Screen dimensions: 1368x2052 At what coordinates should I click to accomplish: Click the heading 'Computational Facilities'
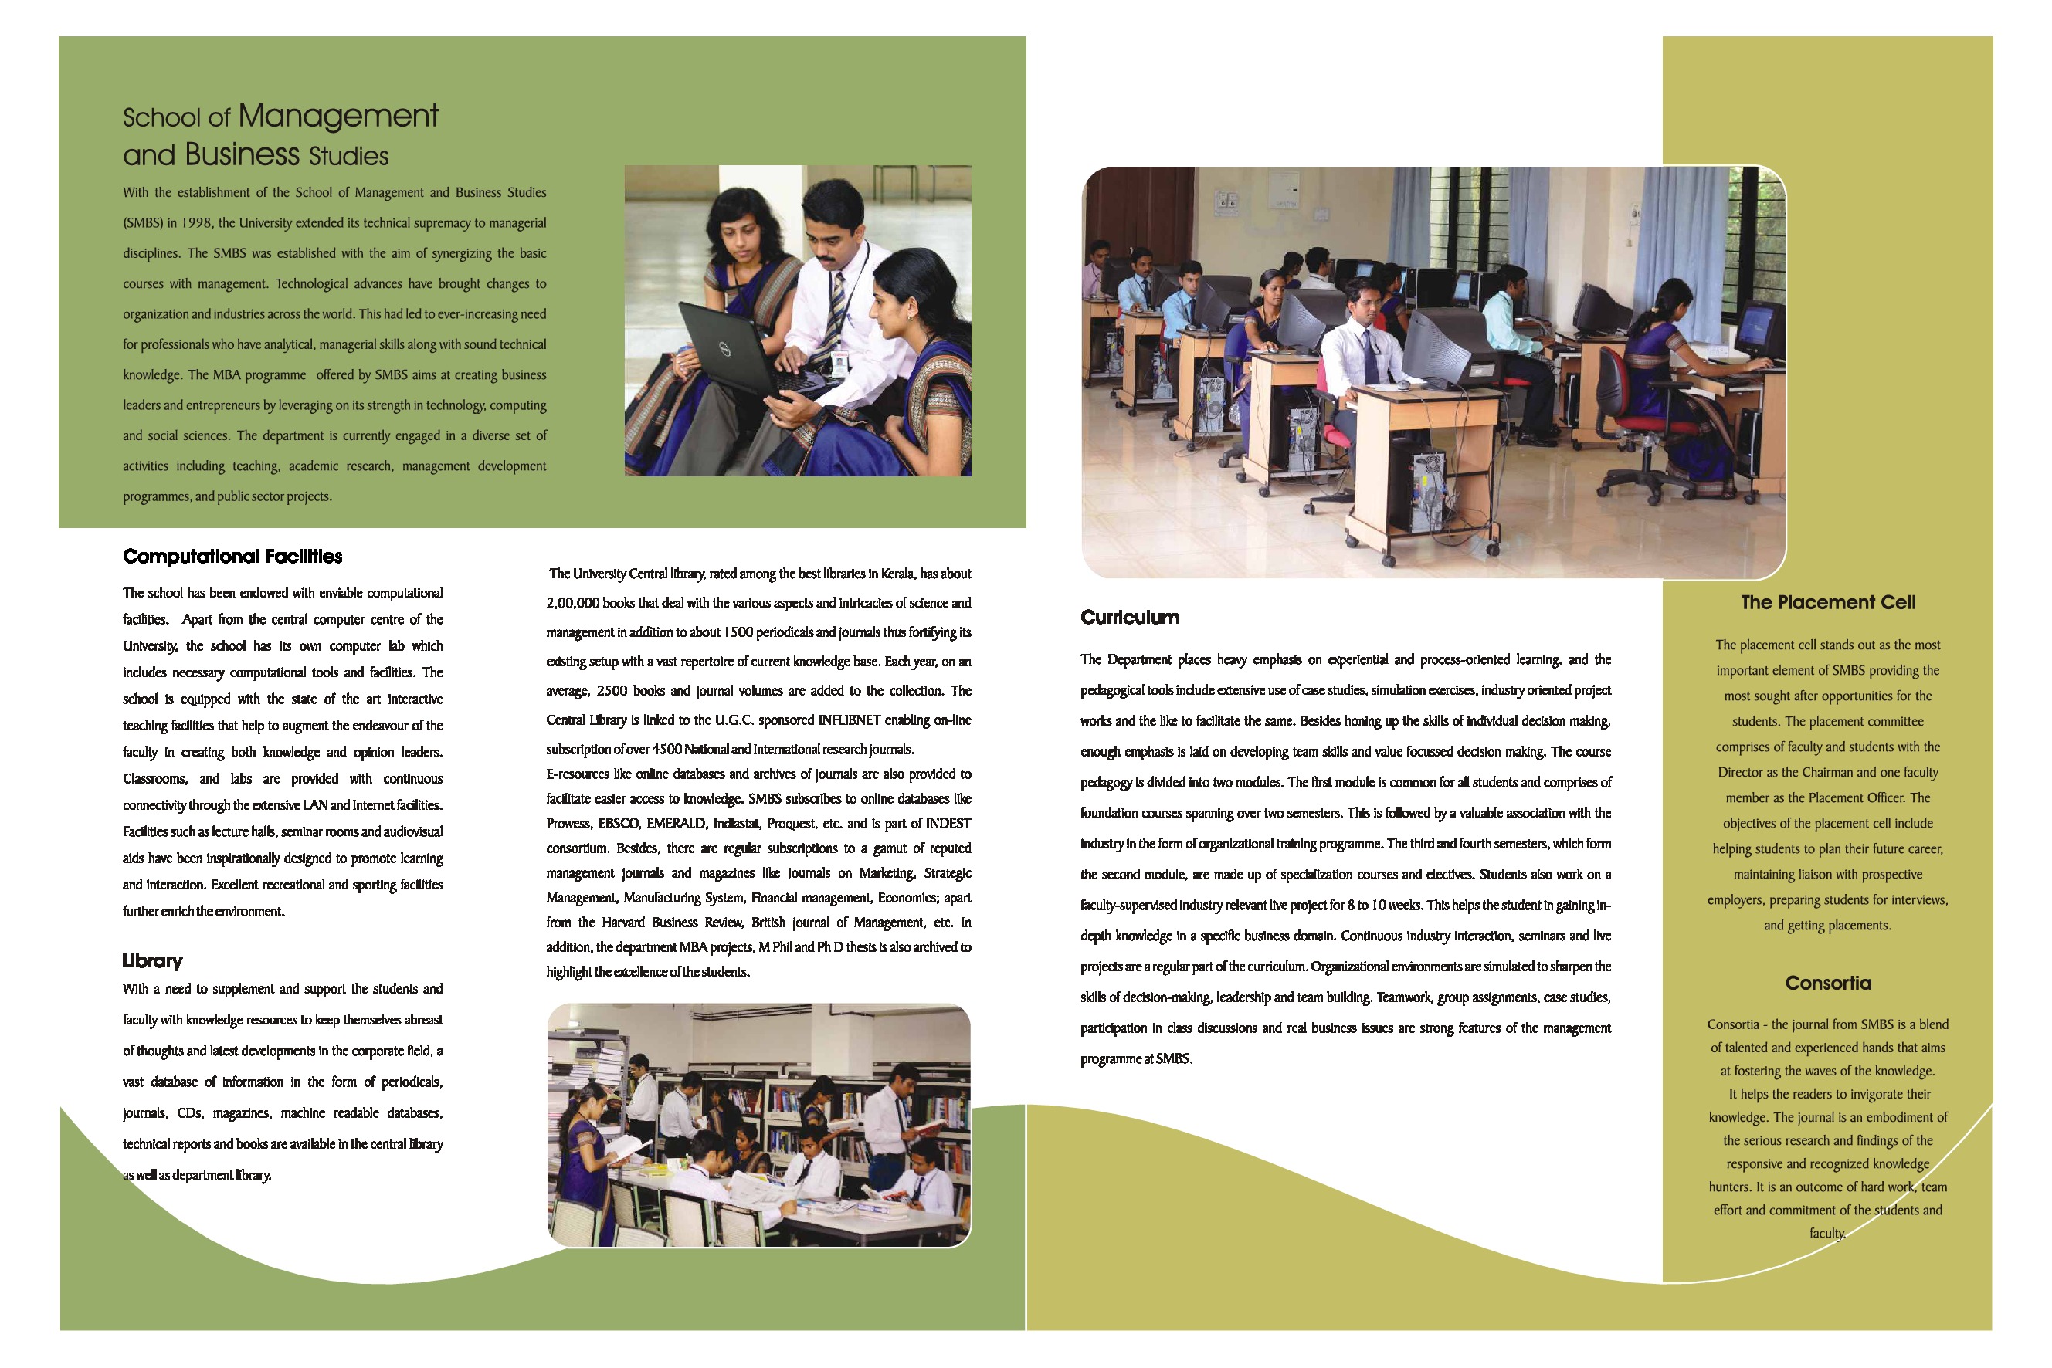[232, 557]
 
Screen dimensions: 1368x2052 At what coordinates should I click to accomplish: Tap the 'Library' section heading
[152, 960]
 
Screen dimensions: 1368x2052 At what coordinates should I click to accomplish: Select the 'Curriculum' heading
[1129, 618]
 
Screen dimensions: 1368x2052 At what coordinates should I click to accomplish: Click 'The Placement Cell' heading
[1828, 602]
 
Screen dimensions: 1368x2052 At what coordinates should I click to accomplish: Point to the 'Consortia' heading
[1828, 984]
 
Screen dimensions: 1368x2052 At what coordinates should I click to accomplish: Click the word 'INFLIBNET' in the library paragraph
[851, 720]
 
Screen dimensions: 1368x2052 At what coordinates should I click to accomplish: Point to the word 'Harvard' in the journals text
[622, 923]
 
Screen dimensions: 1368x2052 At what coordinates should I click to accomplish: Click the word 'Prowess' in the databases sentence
[568, 824]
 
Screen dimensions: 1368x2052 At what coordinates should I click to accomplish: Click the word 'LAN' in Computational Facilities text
[314, 805]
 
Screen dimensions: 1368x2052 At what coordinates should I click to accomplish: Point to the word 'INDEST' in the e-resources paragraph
[947, 824]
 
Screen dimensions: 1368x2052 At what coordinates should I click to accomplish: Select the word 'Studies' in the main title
[348, 156]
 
